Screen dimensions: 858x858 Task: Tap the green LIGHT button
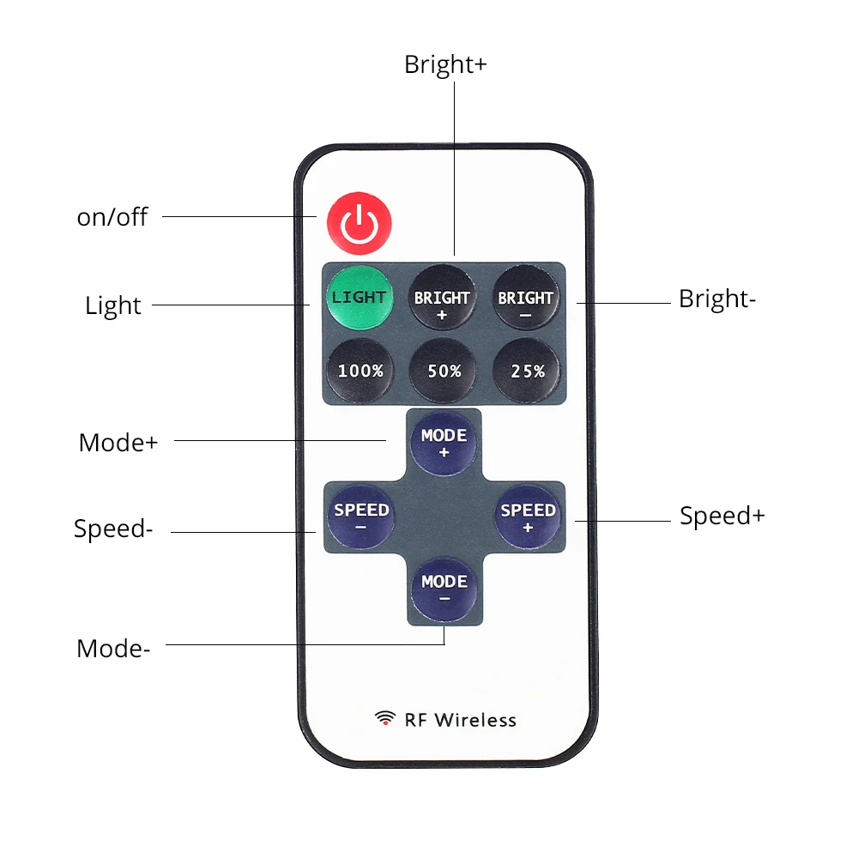pos(360,297)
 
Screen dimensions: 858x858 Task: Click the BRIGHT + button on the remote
pos(442,297)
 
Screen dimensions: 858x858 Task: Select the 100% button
pos(360,371)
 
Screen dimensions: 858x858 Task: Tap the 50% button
pos(444,371)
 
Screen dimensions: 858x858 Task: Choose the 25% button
pos(527,371)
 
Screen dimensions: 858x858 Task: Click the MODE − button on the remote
pos(444,589)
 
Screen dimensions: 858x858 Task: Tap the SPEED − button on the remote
pos(361,516)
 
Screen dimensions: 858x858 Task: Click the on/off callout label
pos(112,217)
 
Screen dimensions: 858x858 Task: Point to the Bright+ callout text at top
pos(445,64)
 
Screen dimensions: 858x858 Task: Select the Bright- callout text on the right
pos(717,299)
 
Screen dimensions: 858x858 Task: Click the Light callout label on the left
pos(113,305)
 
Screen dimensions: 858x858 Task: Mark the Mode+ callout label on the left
pos(118,442)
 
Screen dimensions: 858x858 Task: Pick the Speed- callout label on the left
pos(113,529)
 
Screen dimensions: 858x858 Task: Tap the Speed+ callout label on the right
pos(722,516)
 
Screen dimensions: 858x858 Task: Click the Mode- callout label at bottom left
pos(113,649)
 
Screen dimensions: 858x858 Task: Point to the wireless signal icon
pos(385,718)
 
